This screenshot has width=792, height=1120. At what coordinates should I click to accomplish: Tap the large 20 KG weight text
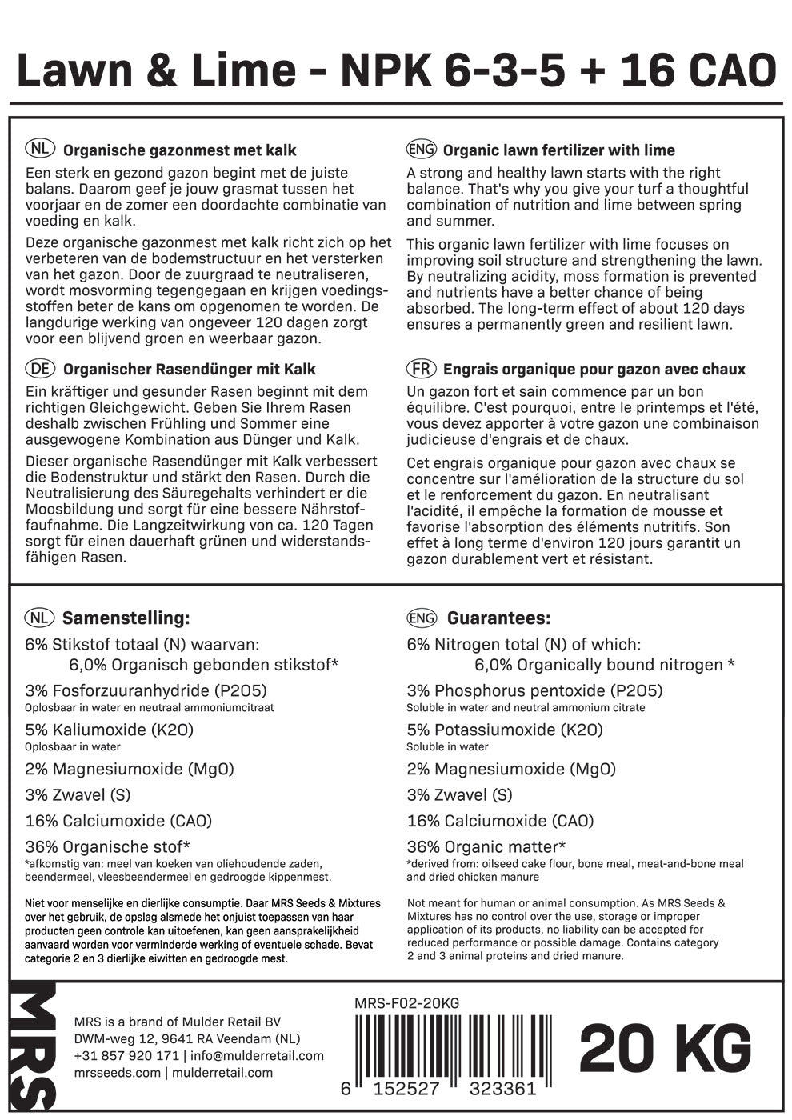(666, 1048)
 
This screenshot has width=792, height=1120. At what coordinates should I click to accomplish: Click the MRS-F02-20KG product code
(406, 1004)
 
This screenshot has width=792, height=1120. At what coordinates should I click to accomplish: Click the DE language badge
(40, 369)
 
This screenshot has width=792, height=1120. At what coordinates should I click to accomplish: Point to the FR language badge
(421, 369)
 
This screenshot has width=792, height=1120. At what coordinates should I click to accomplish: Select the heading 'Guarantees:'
(498, 618)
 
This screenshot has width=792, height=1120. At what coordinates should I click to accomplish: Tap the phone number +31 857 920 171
(126, 1055)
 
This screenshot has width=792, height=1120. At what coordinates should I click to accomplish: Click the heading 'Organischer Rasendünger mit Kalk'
(189, 369)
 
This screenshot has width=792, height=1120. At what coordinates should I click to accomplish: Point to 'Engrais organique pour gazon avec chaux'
(594, 369)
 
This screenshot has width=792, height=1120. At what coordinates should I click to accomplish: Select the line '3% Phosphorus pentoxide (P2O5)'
(534, 690)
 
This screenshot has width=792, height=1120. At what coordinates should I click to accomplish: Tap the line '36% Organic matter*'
(486, 846)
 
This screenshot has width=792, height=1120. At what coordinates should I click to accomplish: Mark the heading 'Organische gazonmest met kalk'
(179, 150)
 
